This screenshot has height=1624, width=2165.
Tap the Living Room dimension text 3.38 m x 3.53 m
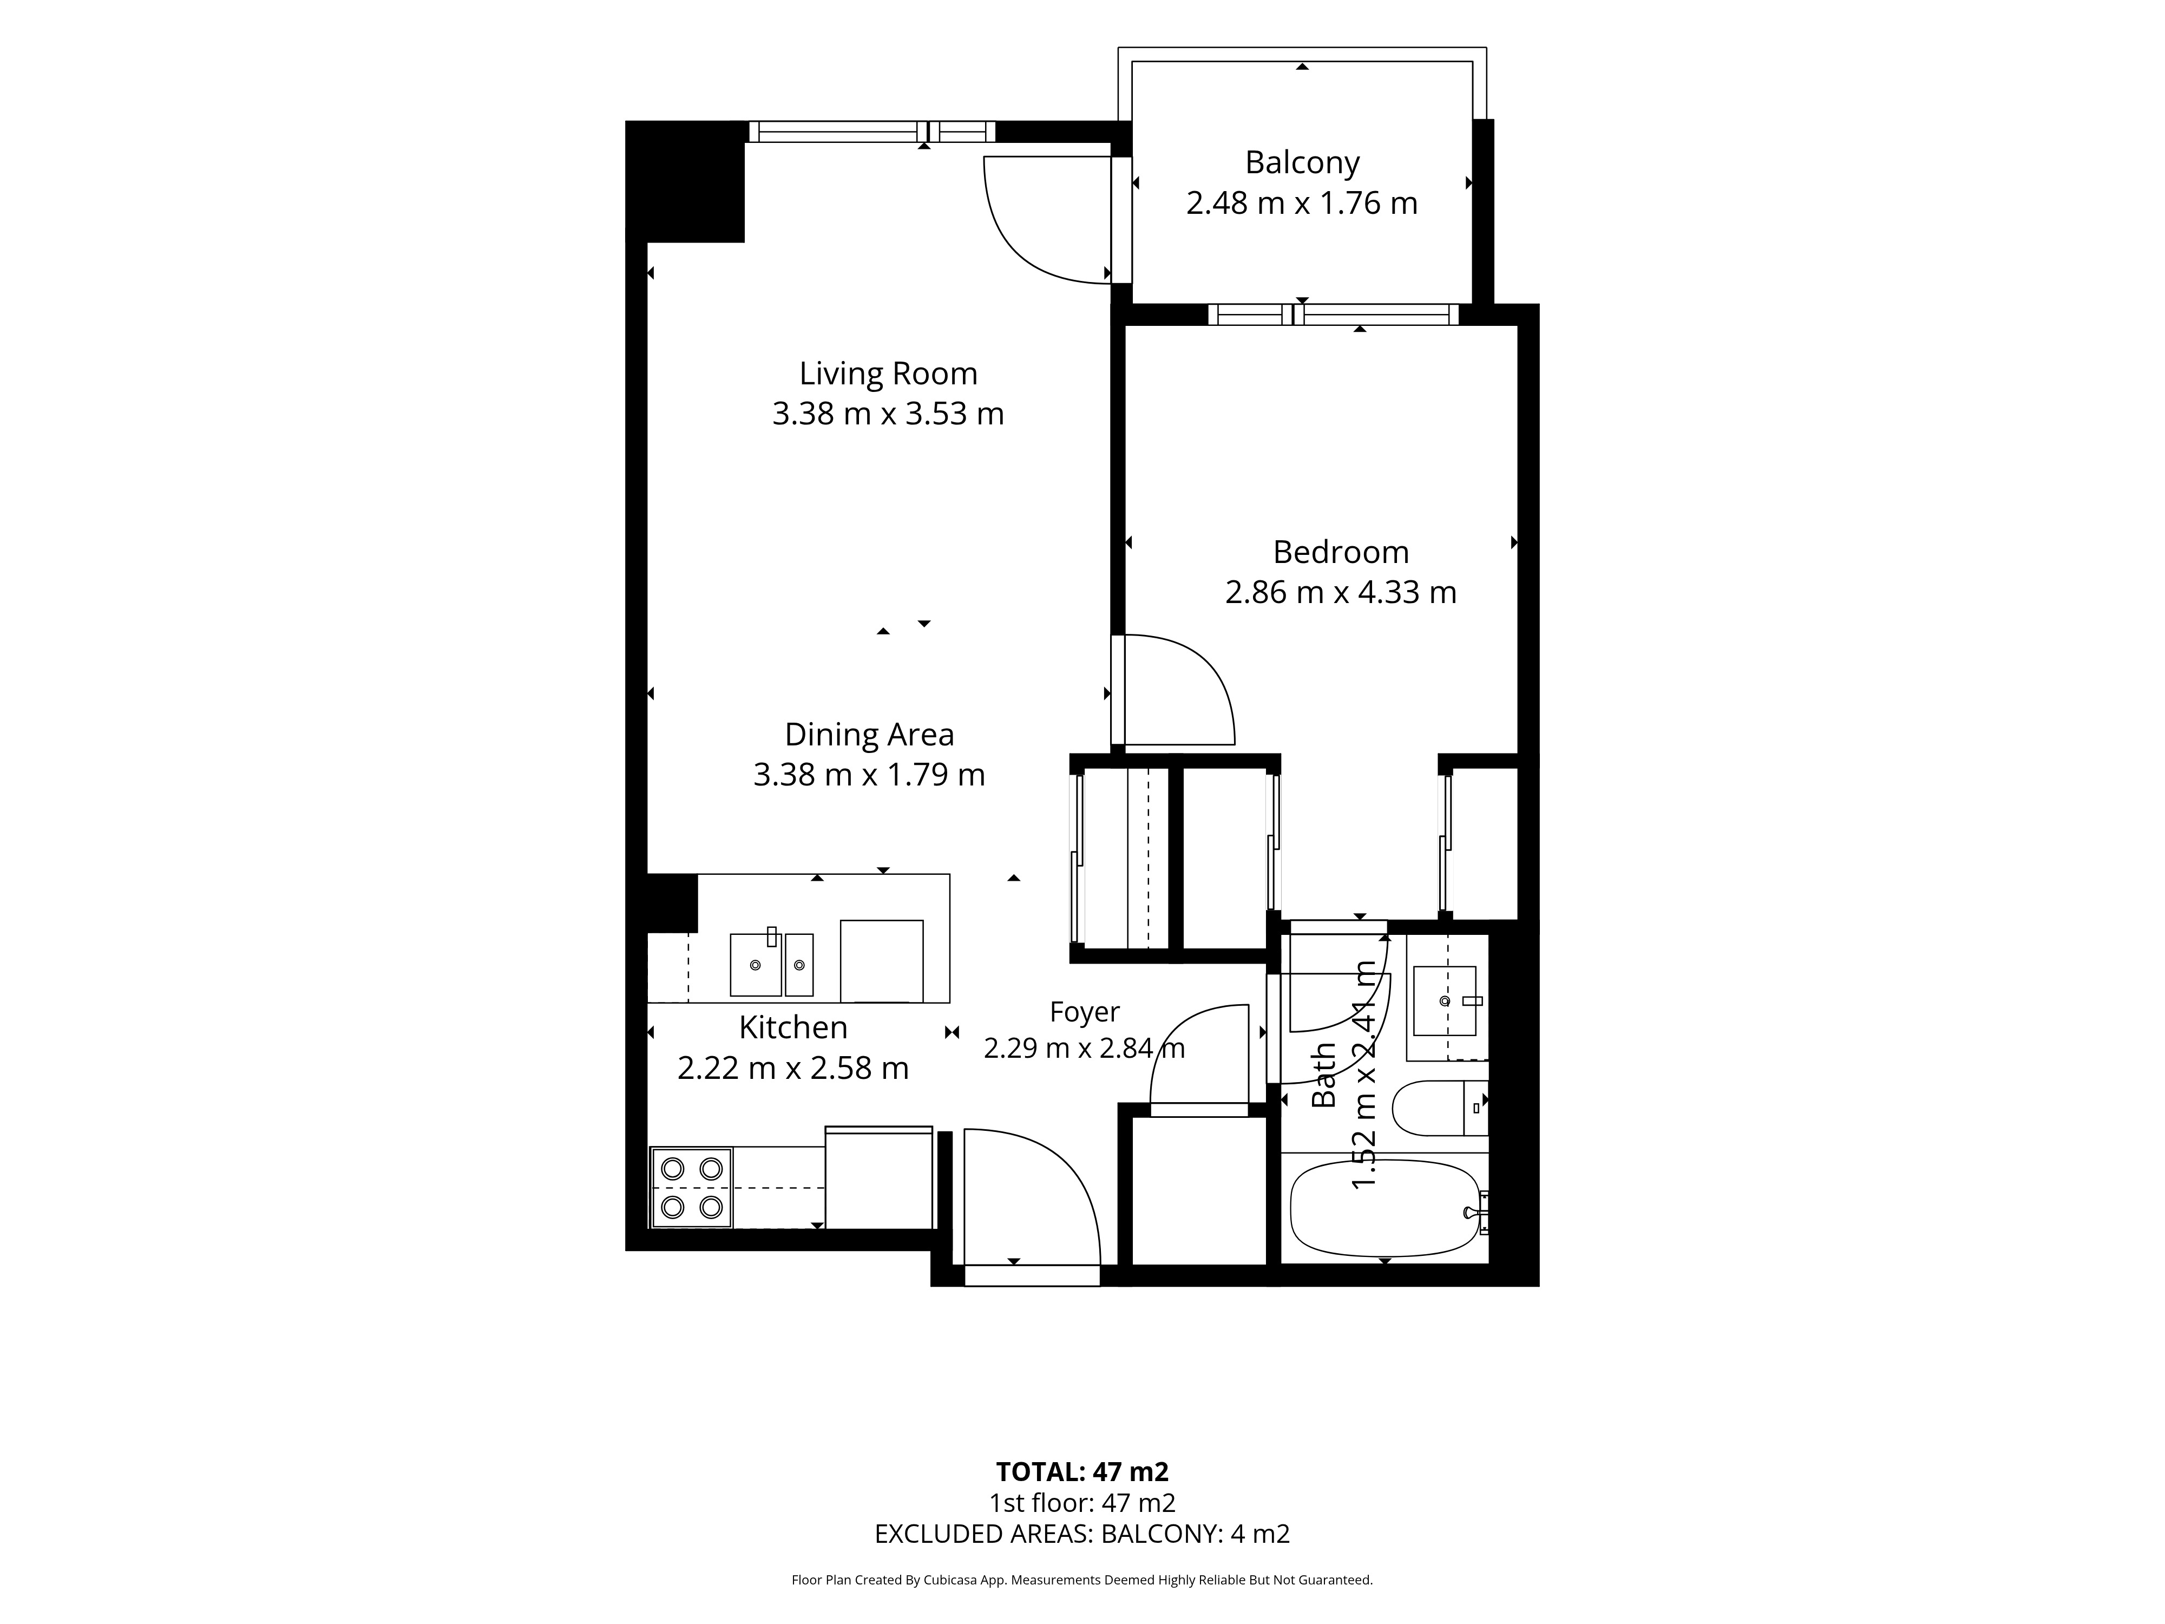click(888, 414)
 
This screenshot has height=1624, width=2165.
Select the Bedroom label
click(1341, 552)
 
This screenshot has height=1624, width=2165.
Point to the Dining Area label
click(869, 734)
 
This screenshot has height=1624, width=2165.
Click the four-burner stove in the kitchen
click(691, 1187)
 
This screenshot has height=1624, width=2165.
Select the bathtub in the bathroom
click(1385, 1208)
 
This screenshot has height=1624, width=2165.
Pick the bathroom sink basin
click(1444, 1000)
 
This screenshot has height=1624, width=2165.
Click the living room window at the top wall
click(872, 131)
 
